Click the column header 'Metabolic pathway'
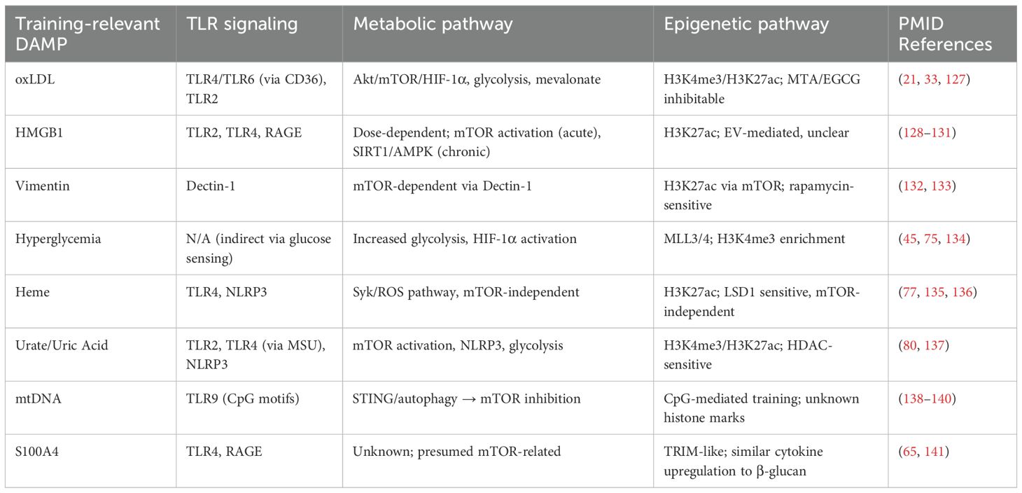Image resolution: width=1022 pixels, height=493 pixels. tap(433, 25)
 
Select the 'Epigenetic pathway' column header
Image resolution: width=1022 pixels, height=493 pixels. tap(746, 25)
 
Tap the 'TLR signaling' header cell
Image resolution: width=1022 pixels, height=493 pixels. tap(241, 25)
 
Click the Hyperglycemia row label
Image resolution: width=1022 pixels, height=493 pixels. tap(58, 239)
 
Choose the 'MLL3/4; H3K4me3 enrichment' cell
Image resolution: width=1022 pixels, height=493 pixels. tap(755, 239)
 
